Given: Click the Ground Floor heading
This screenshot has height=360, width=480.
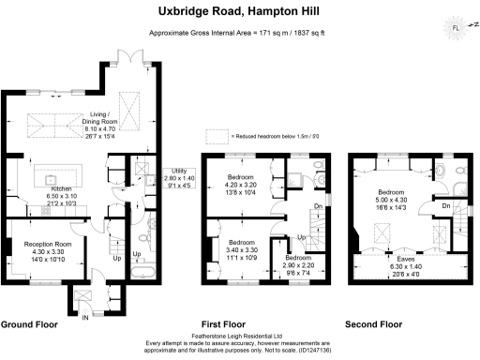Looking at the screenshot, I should tap(29, 324).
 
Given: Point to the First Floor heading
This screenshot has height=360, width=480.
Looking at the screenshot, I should tap(229, 324).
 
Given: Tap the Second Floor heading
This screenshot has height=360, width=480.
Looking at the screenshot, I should tap(373, 324).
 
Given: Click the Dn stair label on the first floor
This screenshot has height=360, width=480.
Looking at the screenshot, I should tap(318, 208).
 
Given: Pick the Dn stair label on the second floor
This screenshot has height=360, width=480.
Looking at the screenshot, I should tap(445, 206).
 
